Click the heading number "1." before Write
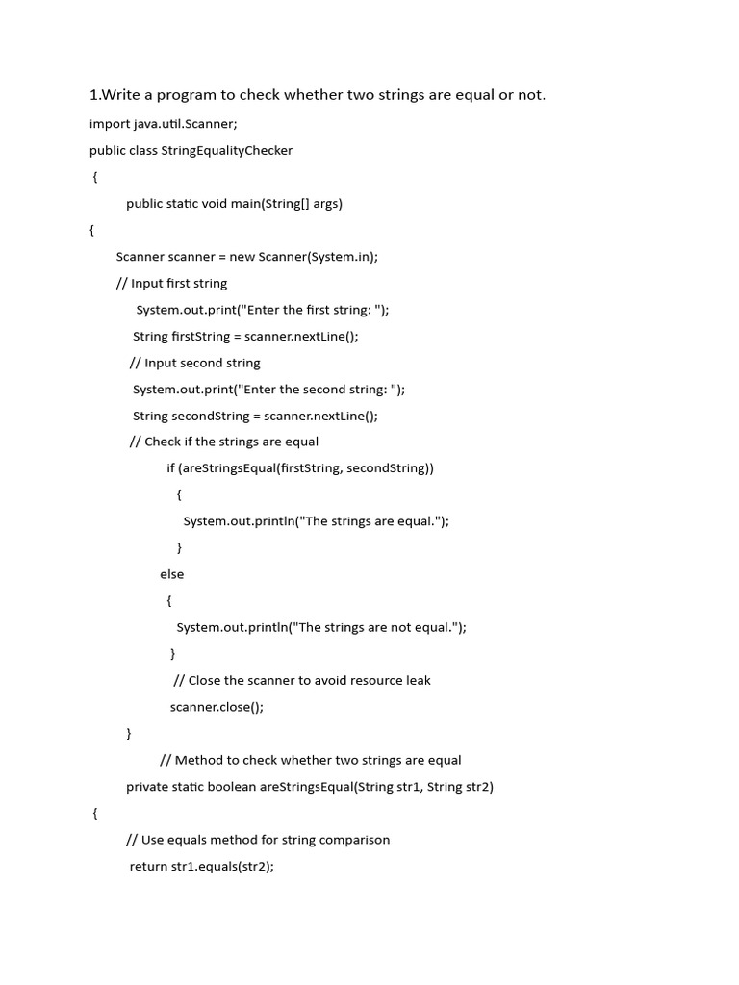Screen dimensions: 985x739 pyautogui.click(x=94, y=94)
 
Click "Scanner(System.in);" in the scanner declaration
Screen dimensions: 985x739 pyautogui.click(x=319, y=257)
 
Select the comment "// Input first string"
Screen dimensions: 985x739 pyautogui.click(x=171, y=283)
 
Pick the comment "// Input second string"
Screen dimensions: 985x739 pyautogui.click(x=194, y=363)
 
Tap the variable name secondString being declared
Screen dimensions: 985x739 pyautogui.click(x=212, y=416)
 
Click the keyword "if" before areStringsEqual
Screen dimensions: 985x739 pyautogui.click(x=170, y=468)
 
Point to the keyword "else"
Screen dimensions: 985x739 pyautogui.click(x=171, y=574)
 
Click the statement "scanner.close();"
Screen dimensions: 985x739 pyautogui.click(x=217, y=707)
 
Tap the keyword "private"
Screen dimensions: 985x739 pyautogui.click(x=147, y=787)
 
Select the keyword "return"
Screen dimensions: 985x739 pyautogui.click(x=148, y=866)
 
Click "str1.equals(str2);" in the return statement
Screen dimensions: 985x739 pyautogui.click(x=222, y=866)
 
